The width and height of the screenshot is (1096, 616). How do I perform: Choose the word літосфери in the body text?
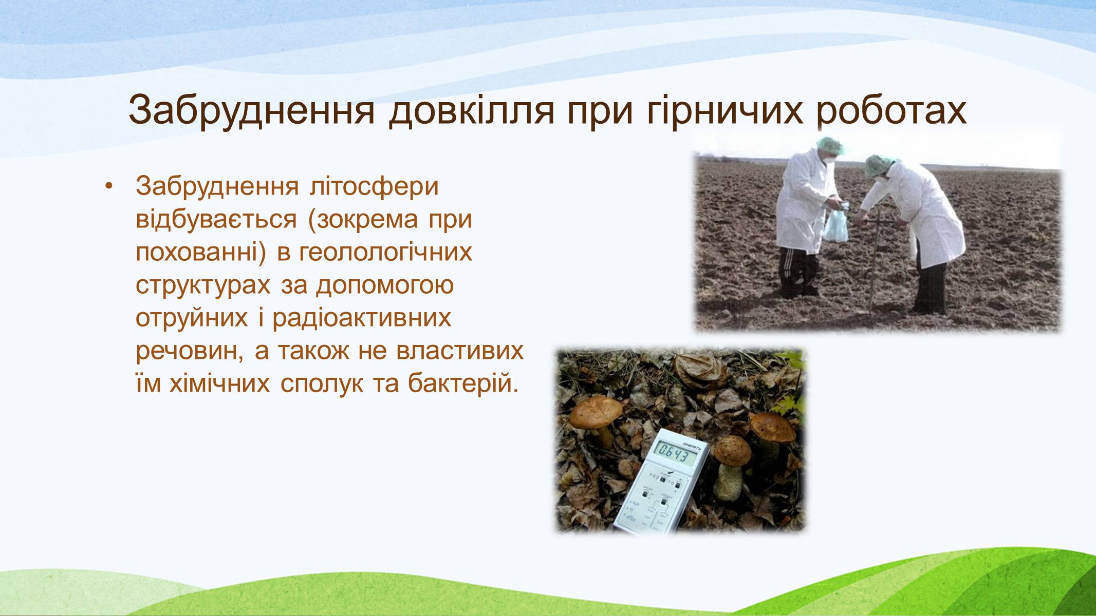point(374,187)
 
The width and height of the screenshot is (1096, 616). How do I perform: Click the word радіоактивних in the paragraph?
point(362,318)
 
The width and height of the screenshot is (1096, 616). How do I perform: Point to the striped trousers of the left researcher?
point(799,272)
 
